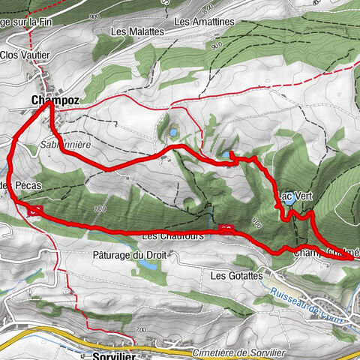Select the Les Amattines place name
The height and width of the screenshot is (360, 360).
click(x=204, y=22)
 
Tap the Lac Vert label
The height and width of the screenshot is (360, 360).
click(x=295, y=196)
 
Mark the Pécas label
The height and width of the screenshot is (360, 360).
click(x=22, y=184)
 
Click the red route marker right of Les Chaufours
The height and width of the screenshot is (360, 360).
click(x=226, y=228)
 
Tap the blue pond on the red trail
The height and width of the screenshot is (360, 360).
click(x=224, y=155)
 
